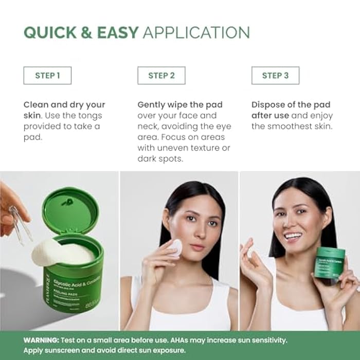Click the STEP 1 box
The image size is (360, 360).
(x=47, y=76)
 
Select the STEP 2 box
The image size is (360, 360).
(x=161, y=76)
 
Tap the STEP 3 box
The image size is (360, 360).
(x=275, y=76)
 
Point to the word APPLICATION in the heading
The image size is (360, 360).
(x=196, y=32)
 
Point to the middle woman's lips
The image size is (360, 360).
(x=196, y=247)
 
